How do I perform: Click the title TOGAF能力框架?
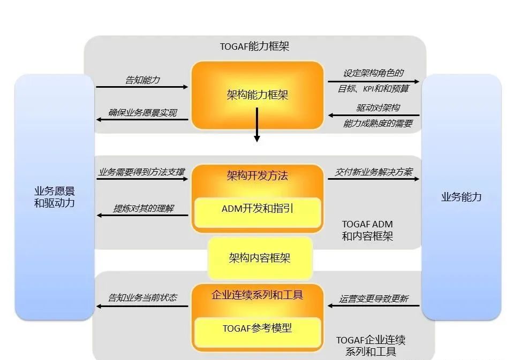(x=254, y=47)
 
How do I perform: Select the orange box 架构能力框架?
(x=257, y=95)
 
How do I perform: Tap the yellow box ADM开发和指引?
(x=257, y=209)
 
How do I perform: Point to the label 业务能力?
(x=461, y=197)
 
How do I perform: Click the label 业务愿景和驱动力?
(x=54, y=197)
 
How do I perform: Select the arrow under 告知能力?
(x=142, y=87)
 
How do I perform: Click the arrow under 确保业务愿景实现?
(x=142, y=119)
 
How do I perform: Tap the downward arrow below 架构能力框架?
(x=257, y=125)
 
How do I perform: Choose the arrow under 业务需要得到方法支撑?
(x=142, y=179)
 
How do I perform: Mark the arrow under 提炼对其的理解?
(x=142, y=216)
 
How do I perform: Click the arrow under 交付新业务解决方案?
(x=373, y=179)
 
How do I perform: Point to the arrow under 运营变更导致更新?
(x=373, y=306)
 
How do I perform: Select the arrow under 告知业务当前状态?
(x=142, y=306)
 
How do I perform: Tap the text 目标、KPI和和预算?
(x=373, y=89)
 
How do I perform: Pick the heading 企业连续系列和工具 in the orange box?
(x=257, y=295)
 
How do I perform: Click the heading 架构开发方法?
(x=257, y=175)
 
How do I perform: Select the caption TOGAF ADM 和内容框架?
(x=367, y=230)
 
